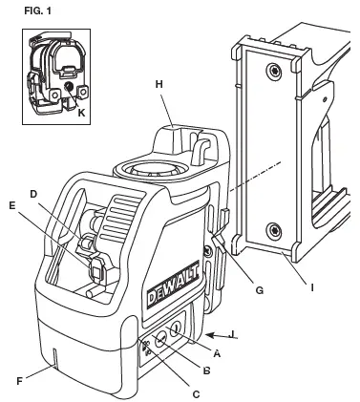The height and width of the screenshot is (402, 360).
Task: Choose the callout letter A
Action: [x=216, y=351]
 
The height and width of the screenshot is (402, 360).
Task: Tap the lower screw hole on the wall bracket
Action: [x=274, y=229]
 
